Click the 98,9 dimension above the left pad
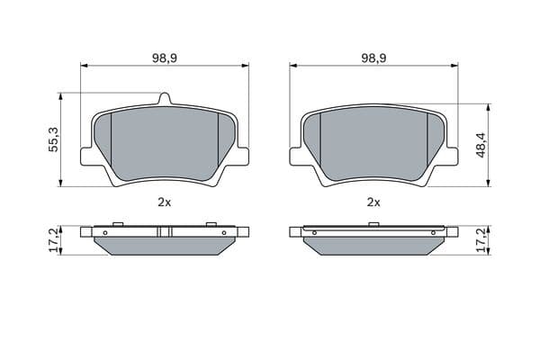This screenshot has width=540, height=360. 165,58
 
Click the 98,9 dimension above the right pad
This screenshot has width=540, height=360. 373,58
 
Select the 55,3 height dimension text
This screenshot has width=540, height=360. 54,139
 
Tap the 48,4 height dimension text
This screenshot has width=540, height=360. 481,145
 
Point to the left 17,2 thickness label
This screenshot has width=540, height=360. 54,240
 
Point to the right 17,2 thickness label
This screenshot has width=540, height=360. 481,240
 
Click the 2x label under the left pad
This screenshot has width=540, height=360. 165,202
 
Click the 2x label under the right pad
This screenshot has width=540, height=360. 373,202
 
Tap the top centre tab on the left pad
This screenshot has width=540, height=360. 165,99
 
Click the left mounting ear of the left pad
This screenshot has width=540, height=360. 86,157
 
